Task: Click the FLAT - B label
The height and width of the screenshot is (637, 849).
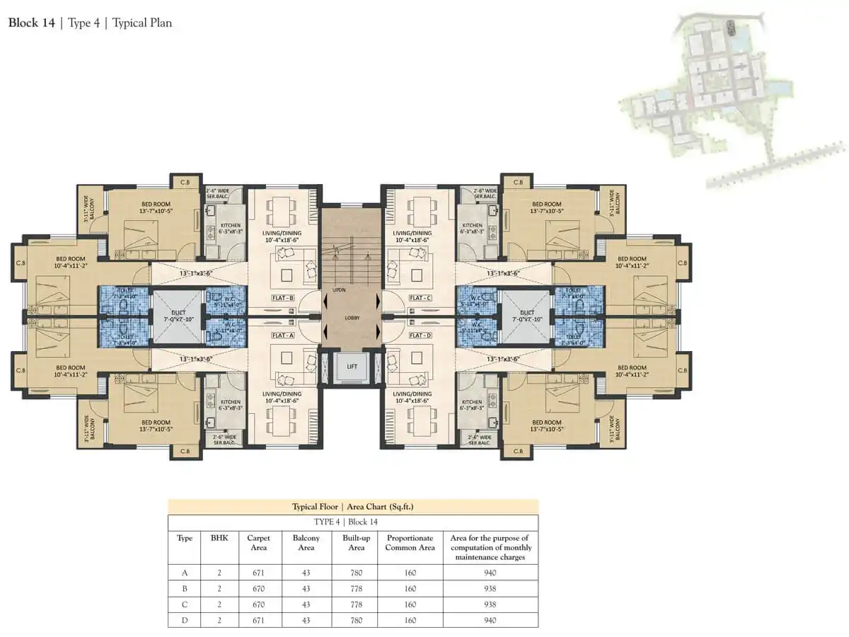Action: coord(283,298)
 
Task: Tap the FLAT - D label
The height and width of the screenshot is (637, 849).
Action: coord(420,335)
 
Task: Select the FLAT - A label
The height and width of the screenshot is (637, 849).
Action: coord(283,335)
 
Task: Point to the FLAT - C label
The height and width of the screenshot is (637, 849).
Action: coord(420,298)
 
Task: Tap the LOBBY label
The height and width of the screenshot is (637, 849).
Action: coord(352,318)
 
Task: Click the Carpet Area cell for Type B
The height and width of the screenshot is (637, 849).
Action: coord(259,589)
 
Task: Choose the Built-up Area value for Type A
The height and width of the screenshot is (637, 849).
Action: coord(357,573)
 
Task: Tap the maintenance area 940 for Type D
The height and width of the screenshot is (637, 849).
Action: coord(490,620)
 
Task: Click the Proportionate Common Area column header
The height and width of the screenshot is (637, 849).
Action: coord(410,543)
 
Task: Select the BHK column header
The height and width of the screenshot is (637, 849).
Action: coord(219,538)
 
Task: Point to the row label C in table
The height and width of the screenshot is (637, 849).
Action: coord(184,604)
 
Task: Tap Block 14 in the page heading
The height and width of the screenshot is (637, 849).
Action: coord(31,23)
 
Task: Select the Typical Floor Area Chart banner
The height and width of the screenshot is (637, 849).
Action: coord(352,507)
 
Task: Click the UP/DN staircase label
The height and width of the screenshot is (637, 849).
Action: coord(339,289)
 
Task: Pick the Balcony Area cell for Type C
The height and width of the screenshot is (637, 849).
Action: coord(306,604)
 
